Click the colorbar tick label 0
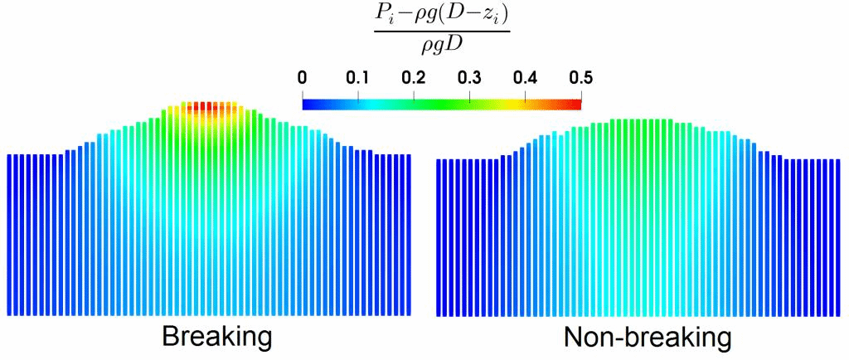(303, 79)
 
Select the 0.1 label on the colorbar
(357, 79)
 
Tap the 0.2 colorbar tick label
(413, 79)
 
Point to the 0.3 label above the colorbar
(469, 79)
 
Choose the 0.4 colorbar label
(525, 79)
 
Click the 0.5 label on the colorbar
(580, 79)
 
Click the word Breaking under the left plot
(216, 338)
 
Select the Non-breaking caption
(648, 338)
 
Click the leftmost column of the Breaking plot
(10, 232)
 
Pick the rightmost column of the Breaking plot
(409, 232)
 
